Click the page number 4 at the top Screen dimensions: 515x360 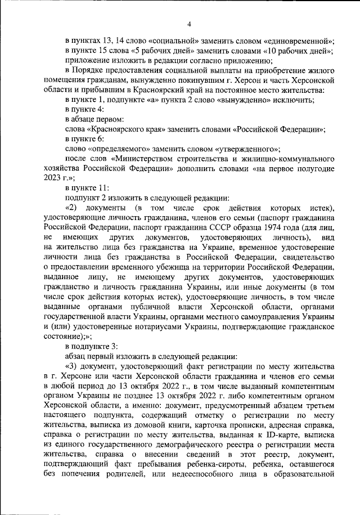[190, 23]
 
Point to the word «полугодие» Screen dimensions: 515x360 [316, 168]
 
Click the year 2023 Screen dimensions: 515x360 [52, 178]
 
